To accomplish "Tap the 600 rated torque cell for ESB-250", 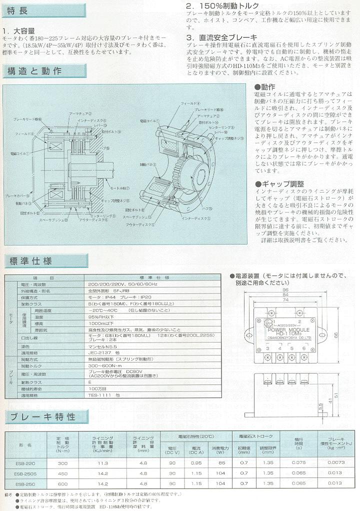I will (x=62, y=483).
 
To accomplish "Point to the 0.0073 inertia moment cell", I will (x=335, y=462).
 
